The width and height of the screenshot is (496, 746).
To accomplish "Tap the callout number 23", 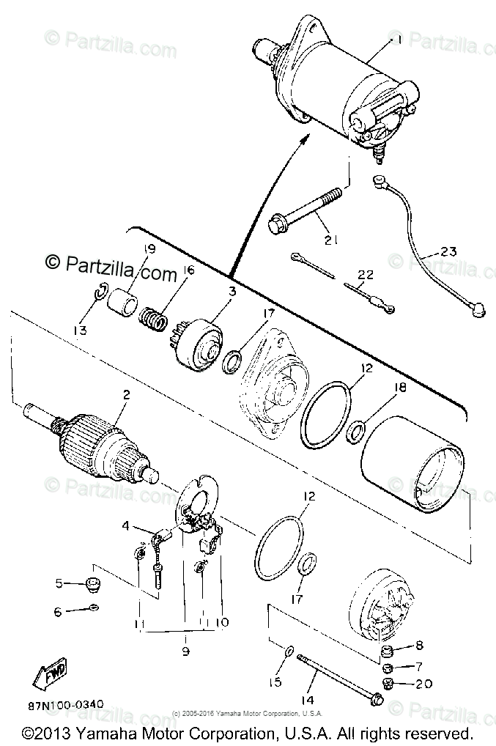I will point(448,252).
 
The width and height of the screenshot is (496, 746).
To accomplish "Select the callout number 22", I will point(366,276).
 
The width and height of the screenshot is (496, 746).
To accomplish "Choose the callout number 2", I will point(126,394).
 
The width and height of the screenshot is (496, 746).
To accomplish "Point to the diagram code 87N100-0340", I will point(66,705).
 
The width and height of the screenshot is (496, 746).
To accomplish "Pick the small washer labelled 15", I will point(289,650).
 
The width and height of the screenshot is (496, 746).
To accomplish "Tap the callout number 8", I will point(420,646).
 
